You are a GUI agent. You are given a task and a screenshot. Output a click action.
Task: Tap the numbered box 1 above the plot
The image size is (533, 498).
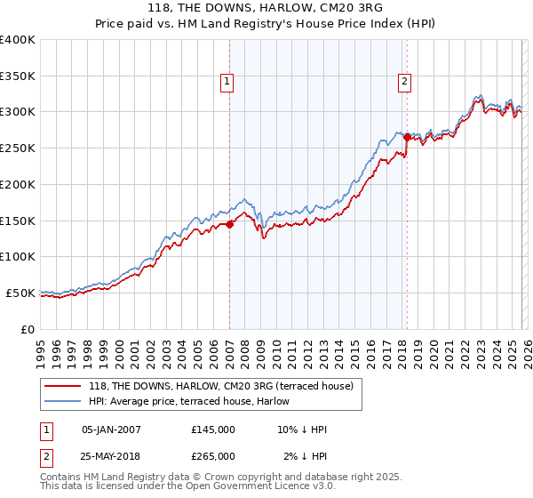coord(227,82)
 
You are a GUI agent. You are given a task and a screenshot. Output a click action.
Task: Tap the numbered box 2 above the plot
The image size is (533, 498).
coord(404,82)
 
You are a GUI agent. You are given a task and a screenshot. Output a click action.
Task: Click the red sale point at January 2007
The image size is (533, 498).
coord(229,224)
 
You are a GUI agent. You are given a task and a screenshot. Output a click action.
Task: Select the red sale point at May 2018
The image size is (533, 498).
coord(407,137)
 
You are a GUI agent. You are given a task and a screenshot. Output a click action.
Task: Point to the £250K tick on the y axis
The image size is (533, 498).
coord(18,148)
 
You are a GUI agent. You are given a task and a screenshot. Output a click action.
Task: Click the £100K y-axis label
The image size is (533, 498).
coord(18,256)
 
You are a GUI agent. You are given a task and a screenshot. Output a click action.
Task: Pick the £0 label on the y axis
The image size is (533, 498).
coord(28,329)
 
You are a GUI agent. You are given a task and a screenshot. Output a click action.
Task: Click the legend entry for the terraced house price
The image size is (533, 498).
coord(221,386)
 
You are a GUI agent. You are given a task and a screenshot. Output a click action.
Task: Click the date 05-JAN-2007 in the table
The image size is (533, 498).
coord(111,430)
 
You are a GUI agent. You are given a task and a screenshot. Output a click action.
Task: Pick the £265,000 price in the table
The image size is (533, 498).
coord(213,455)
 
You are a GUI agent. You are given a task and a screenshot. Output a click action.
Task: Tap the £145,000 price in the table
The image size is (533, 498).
coord(213,430)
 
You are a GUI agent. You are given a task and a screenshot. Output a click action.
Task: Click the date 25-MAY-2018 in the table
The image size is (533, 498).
coord(111,455)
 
